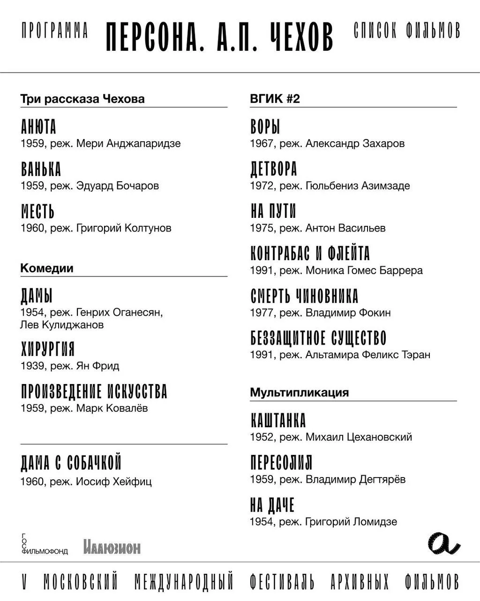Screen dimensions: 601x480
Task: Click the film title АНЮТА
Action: tap(38, 127)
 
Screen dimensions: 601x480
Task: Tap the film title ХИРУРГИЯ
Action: tap(47, 349)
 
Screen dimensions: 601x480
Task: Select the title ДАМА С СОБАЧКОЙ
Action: tap(71, 463)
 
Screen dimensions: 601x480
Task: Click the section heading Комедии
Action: tap(47, 269)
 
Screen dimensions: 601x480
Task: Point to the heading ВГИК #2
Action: tap(275, 99)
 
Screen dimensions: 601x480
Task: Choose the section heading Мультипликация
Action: tap(299, 393)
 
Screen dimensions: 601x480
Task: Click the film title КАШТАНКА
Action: tap(278, 421)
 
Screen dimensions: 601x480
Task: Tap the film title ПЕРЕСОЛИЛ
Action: tap(281, 463)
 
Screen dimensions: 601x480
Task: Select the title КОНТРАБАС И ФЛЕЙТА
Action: tap(310, 254)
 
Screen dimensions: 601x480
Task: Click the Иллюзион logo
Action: tap(112, 547)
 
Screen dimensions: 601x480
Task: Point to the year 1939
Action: tap(33, 366)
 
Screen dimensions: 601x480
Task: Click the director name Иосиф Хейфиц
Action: tap(113, 482)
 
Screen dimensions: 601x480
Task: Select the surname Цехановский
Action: tap(379, 437)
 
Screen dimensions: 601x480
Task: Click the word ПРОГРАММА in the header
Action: tap(55, 31)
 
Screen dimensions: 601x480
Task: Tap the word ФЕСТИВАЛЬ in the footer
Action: tap(282, 582)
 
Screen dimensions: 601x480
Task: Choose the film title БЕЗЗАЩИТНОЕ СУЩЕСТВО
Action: tap(318, 339)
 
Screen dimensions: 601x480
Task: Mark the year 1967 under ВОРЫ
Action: tap(263, 144)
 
